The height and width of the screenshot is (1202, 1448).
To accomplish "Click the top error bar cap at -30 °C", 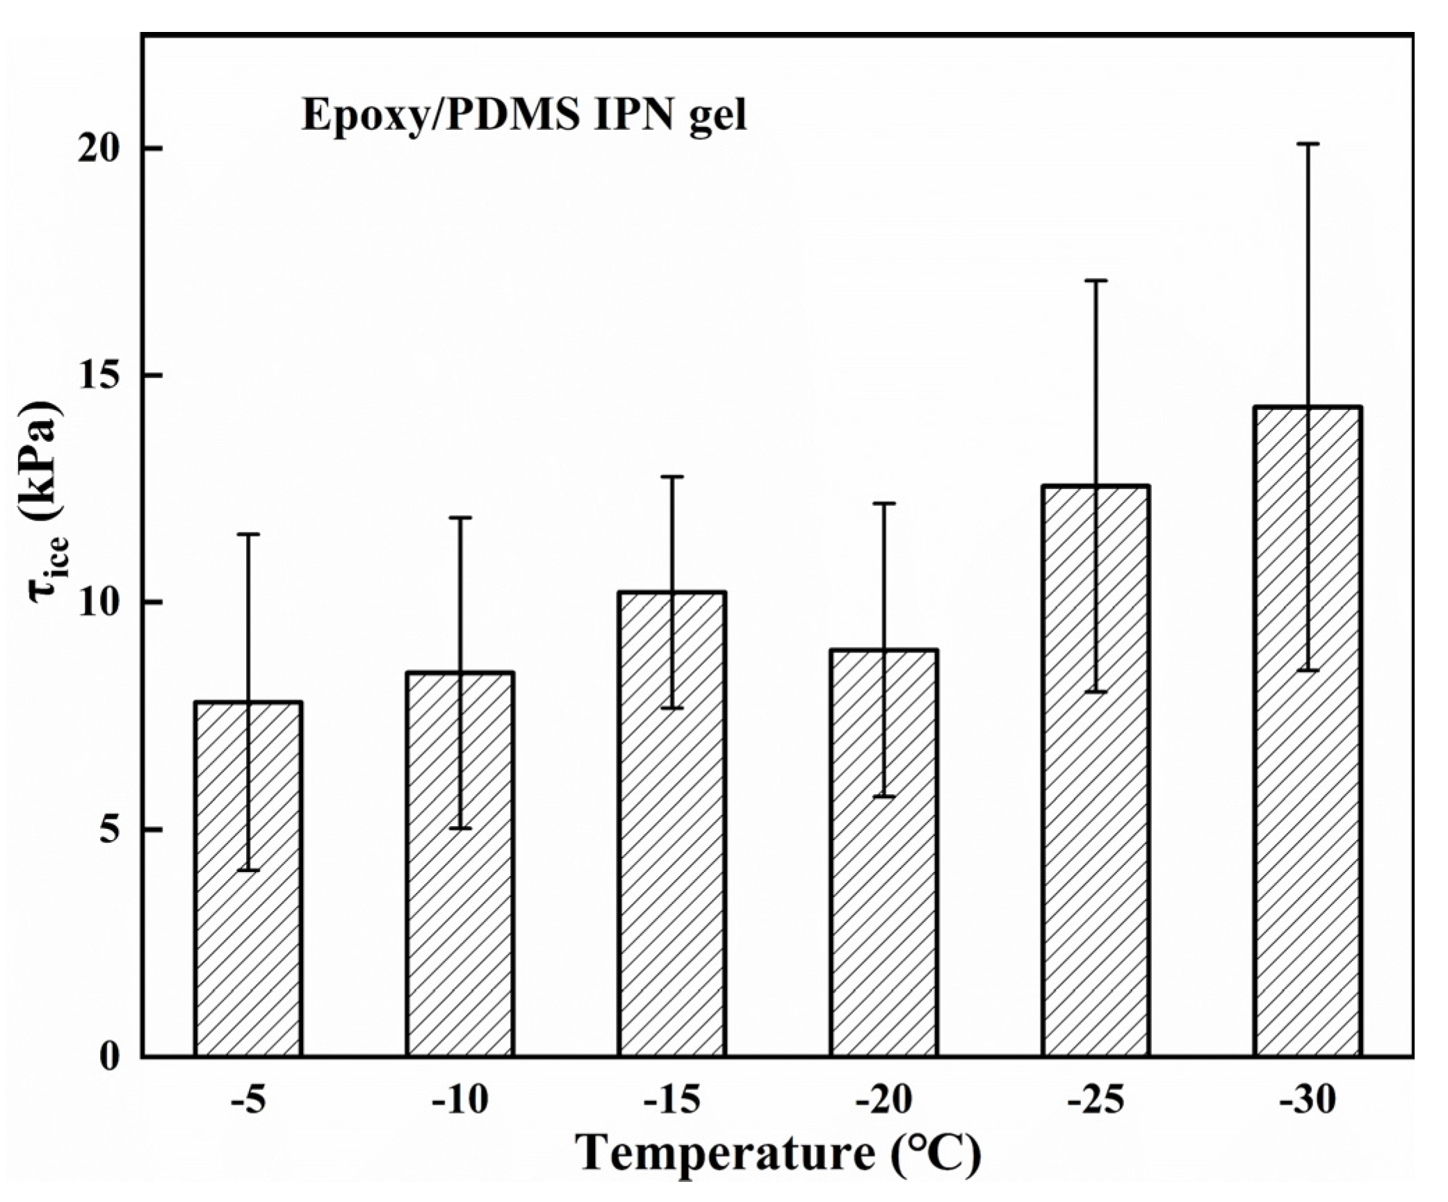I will coord(1308,144).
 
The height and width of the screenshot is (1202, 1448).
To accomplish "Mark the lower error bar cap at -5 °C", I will coord(248,870).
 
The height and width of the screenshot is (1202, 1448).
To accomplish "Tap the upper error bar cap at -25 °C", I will coord(1096,281).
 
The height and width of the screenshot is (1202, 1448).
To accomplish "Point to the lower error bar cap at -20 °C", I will coord(884,796).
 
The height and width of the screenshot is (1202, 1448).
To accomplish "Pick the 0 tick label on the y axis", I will coord(110,1057).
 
